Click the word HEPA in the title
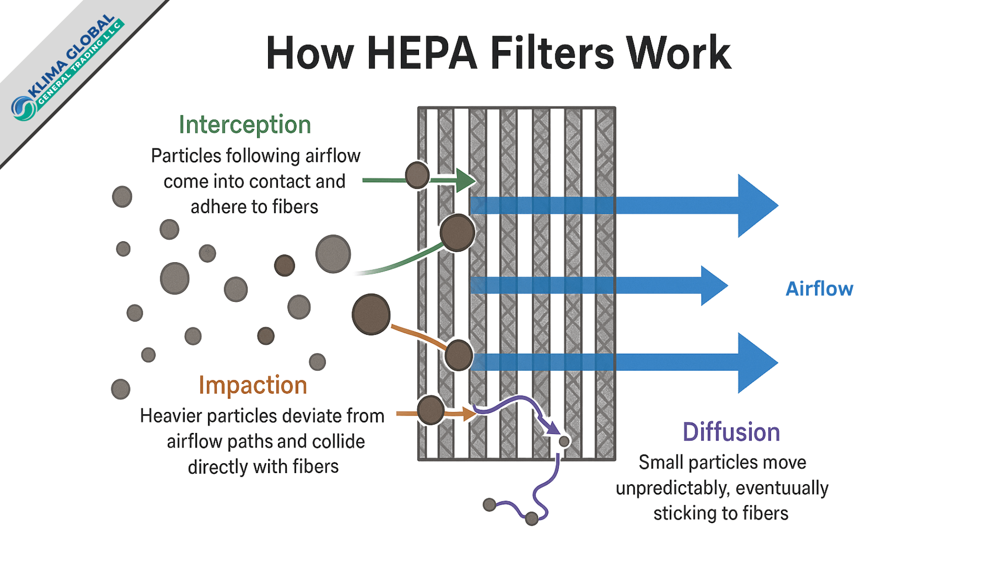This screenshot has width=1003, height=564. point(422,53)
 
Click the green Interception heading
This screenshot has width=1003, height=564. point(244,125)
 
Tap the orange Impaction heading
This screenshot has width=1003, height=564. point(253,385)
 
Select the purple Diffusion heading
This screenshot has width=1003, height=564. point(731,432)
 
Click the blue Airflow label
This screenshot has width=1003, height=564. point(819,289)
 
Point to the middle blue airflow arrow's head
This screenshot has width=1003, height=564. point(714,286)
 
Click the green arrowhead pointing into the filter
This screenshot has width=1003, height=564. point(465,181)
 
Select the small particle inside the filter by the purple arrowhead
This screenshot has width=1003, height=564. point(564,441)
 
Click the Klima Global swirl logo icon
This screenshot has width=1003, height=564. point(24,108)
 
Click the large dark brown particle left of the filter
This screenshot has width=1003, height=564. point(371,314)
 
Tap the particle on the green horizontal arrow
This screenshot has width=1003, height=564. point(417,175)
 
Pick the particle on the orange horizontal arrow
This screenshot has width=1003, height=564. point(431,410)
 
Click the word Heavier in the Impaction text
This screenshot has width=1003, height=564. point(171,416)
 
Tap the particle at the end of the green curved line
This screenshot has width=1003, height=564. point(457,233)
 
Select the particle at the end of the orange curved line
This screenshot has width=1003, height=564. point(459,355)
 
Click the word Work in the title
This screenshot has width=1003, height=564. point(679,53)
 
